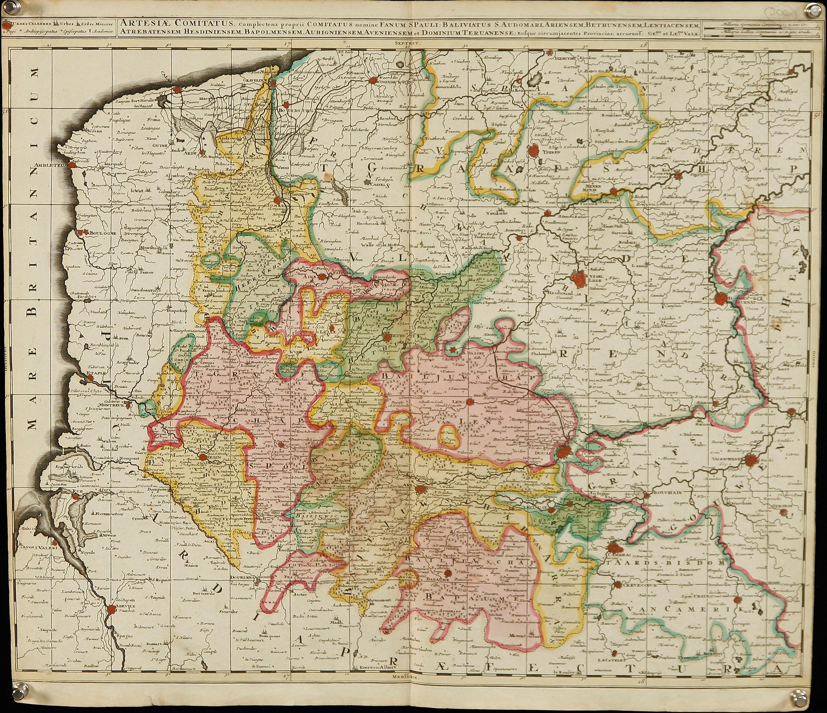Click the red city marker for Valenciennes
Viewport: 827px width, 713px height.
click(x=752, y=459)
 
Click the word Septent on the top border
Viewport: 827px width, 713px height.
click(x=406, y=42)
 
